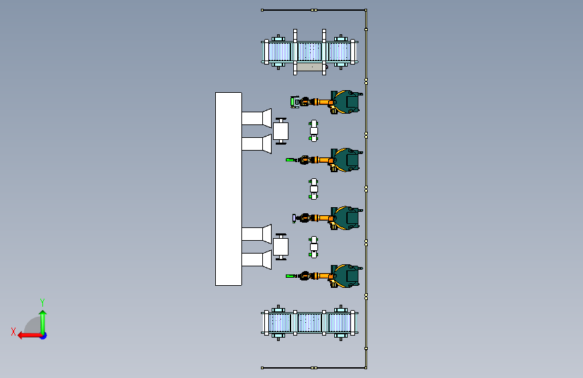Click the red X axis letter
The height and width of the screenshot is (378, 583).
[x=13, y=332]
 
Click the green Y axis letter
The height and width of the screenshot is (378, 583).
[x=42, y=302]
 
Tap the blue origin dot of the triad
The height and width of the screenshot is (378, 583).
[x=44, y=336]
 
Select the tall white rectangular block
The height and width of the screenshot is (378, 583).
[x=229, y=189]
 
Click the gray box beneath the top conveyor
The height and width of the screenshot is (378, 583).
[x=311, y=67]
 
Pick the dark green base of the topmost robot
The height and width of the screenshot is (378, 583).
[x=346, y=102]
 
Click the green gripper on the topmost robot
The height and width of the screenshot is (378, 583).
[x=295, y=102]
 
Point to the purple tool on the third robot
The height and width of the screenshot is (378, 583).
[x=294, y=218]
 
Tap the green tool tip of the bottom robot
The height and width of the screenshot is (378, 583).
[x=290, y=276]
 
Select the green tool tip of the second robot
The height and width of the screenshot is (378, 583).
[x=290, y=160]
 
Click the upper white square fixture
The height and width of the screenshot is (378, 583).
[x=280, y=131]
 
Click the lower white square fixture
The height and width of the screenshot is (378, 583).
[x=280, y=247]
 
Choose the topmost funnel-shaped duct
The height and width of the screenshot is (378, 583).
[x=257, y=118]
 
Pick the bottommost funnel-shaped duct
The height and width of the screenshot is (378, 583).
[x=257, y=260]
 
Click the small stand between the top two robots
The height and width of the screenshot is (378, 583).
[x=314, y=130]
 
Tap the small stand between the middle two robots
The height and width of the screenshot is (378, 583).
[x=314, y=189]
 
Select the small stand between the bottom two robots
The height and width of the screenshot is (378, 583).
[x=314, y=247]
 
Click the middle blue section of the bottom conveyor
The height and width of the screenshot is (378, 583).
[x=309, y=323]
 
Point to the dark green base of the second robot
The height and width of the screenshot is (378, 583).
[x=346, y=160]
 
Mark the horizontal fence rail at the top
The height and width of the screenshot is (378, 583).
[x=314, y=10]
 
